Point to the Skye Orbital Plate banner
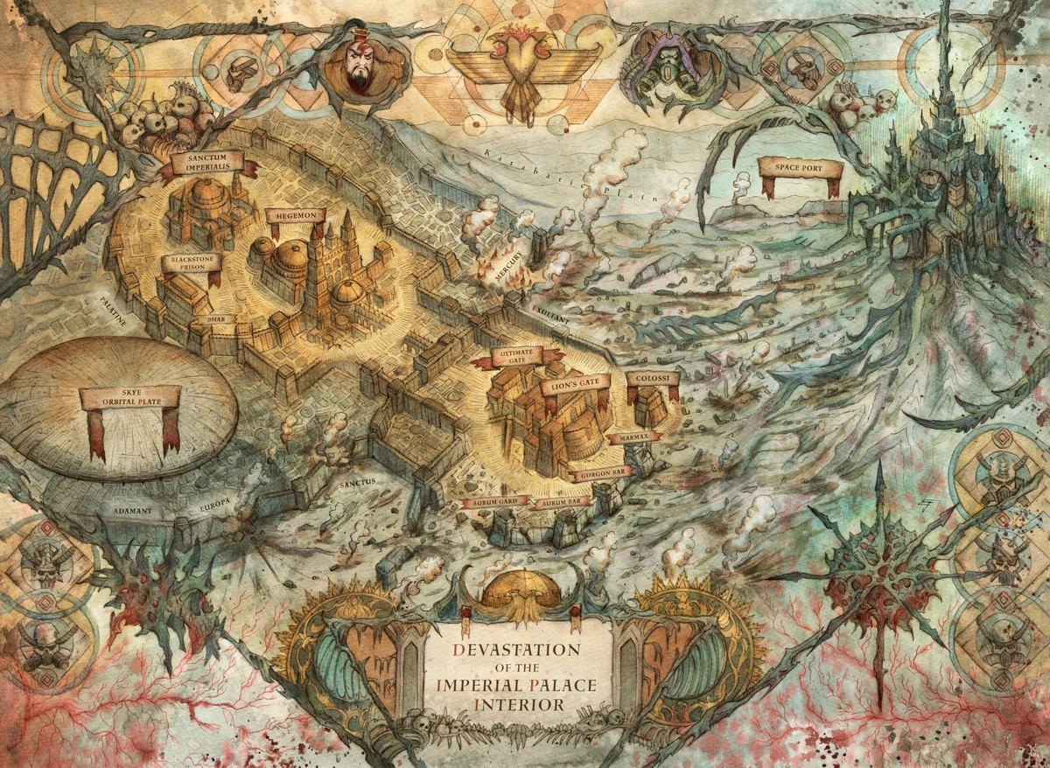[x=129, y=398]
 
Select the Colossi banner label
[x=653, y=378]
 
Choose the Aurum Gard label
[x=493, y=501]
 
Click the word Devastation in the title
[x=516, y=650]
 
